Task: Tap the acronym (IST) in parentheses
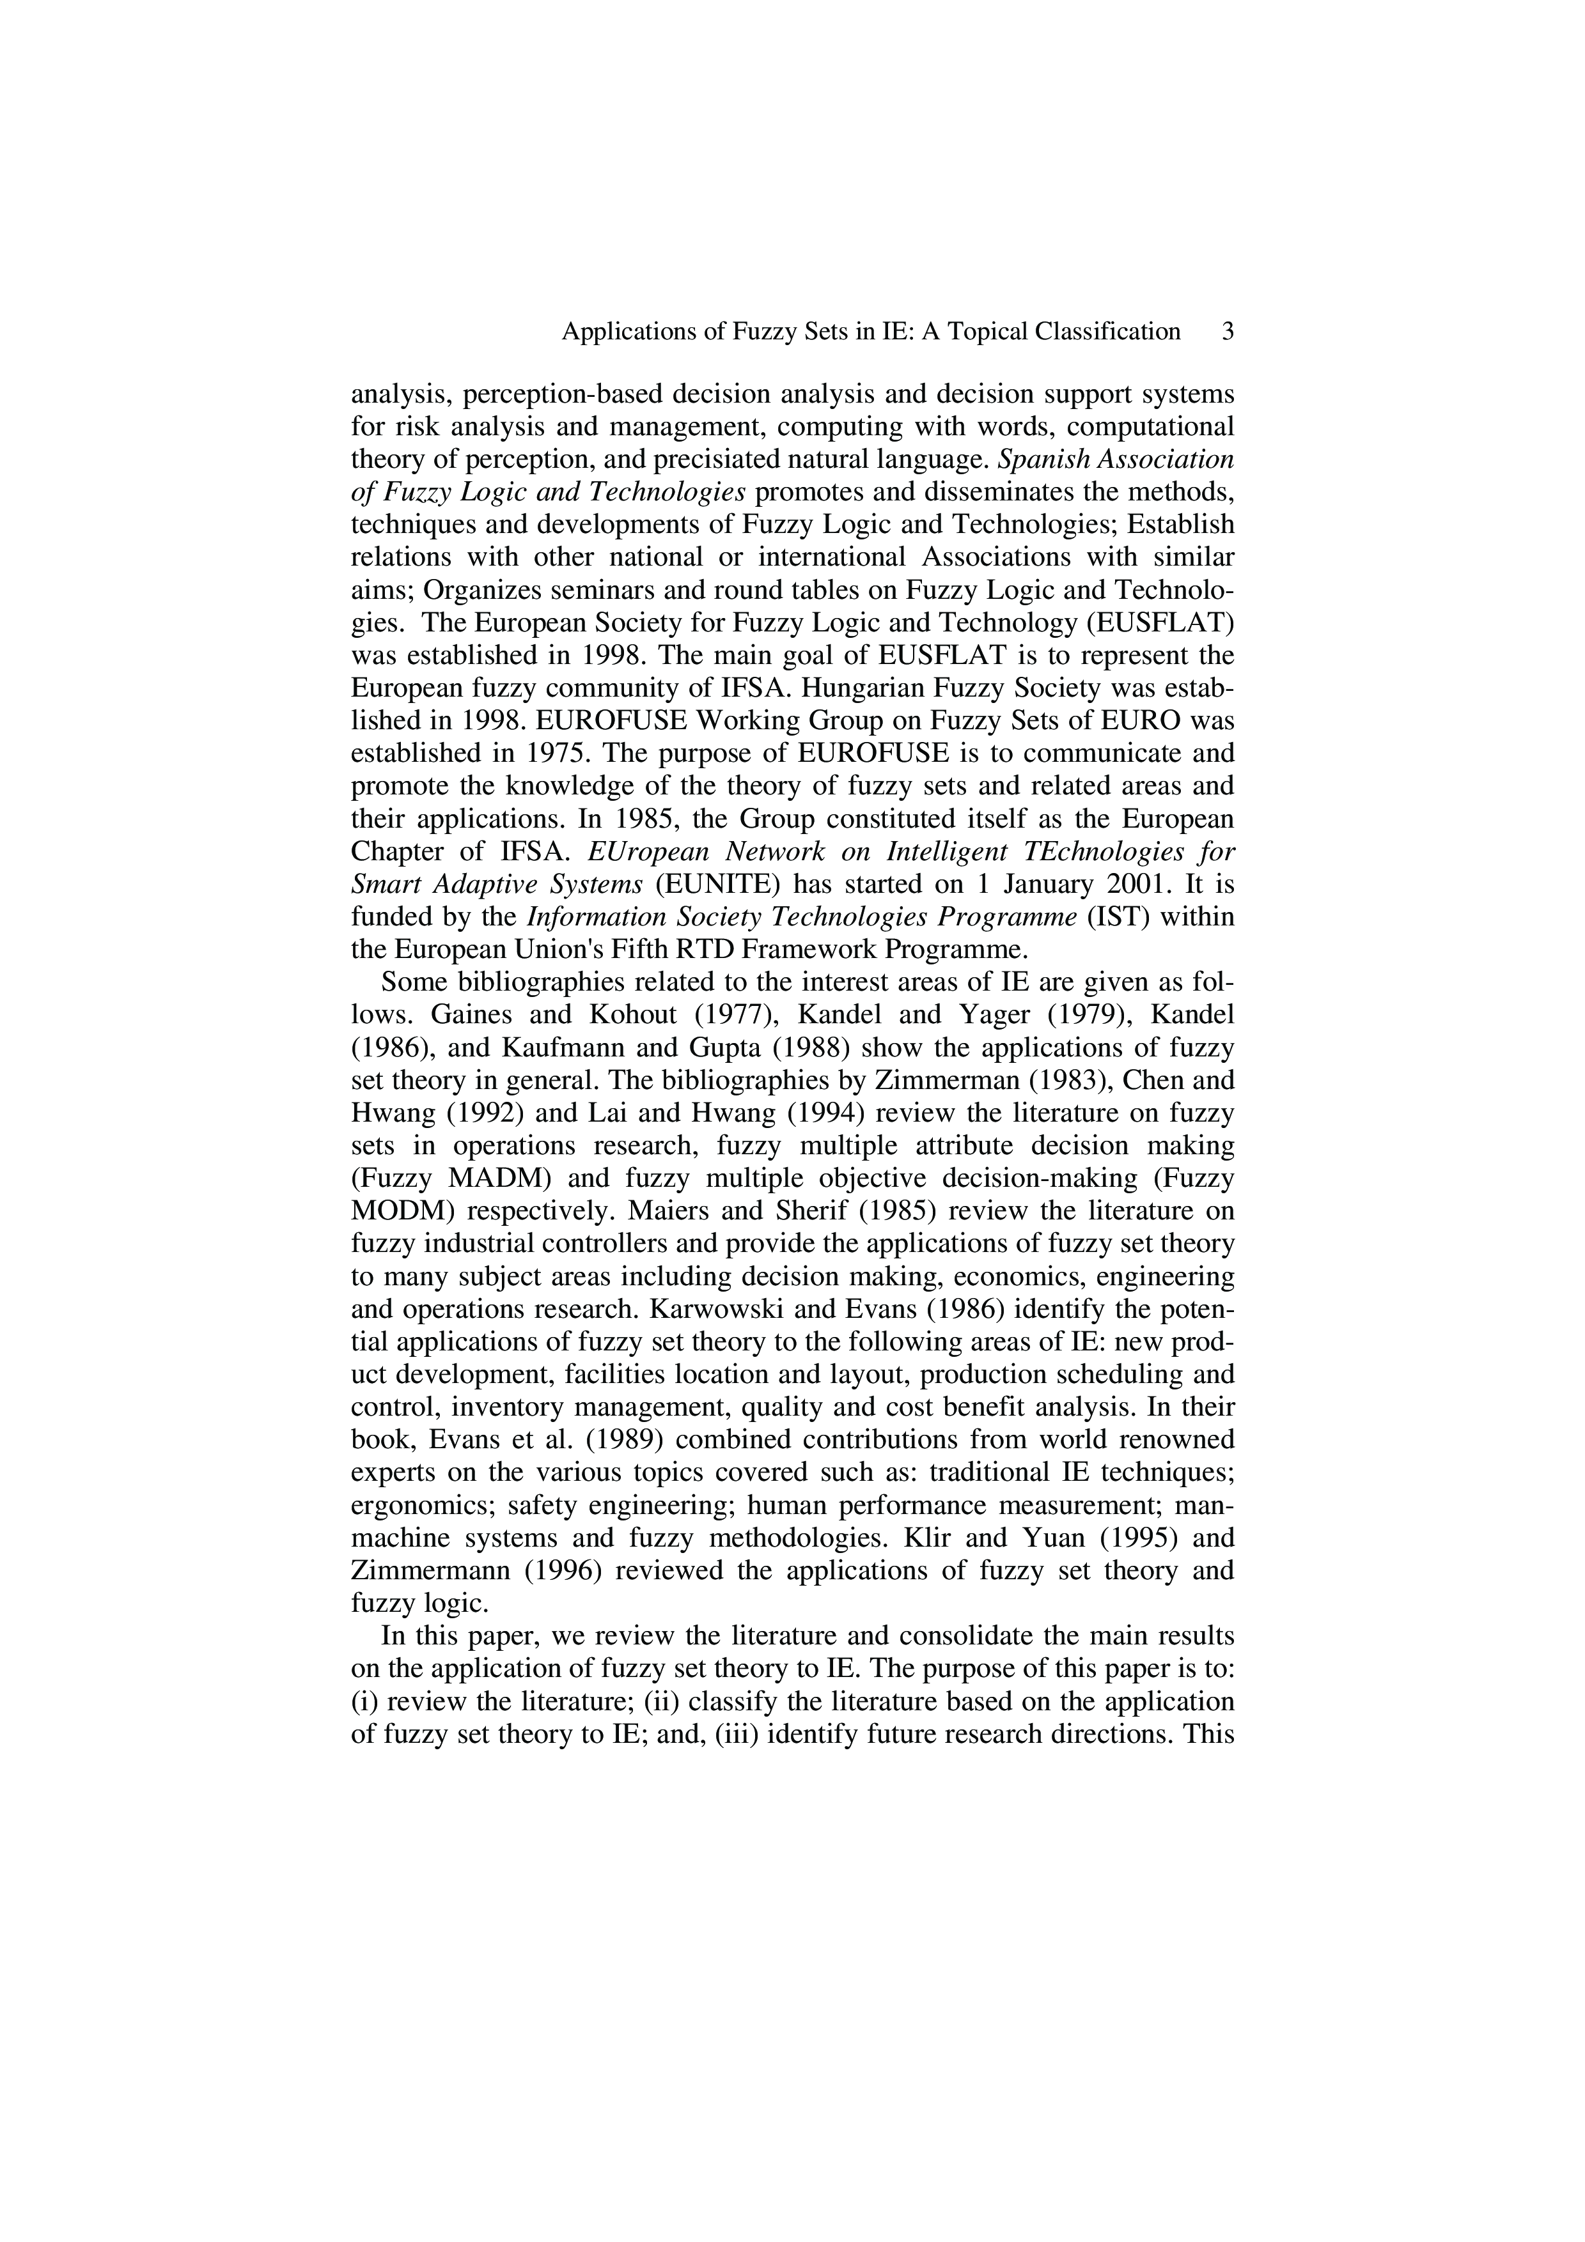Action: (1115, 917)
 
